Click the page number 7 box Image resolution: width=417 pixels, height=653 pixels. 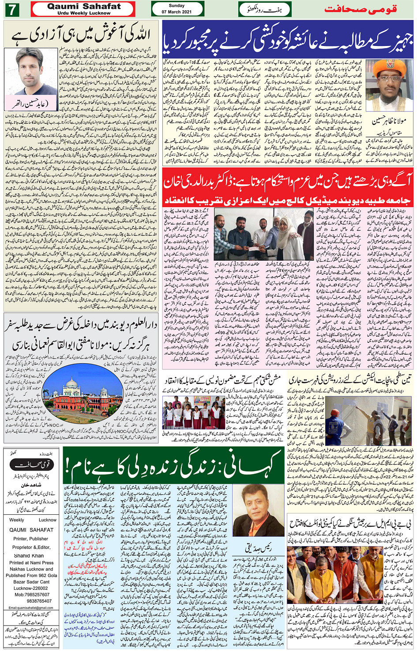(x=12, y=9)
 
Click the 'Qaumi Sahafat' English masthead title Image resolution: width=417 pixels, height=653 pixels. (x=84, y=6)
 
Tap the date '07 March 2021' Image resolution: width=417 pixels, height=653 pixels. (x=177, y=12)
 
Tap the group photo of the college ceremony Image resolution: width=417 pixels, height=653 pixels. (x=263, y=235)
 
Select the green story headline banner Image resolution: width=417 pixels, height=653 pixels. (x=173, y=465)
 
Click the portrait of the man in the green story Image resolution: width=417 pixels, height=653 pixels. (x=257, y=511)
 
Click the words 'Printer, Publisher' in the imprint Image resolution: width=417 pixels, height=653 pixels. (x=30, y=539)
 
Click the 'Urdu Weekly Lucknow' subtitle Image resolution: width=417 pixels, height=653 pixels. (x=84, y=13)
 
